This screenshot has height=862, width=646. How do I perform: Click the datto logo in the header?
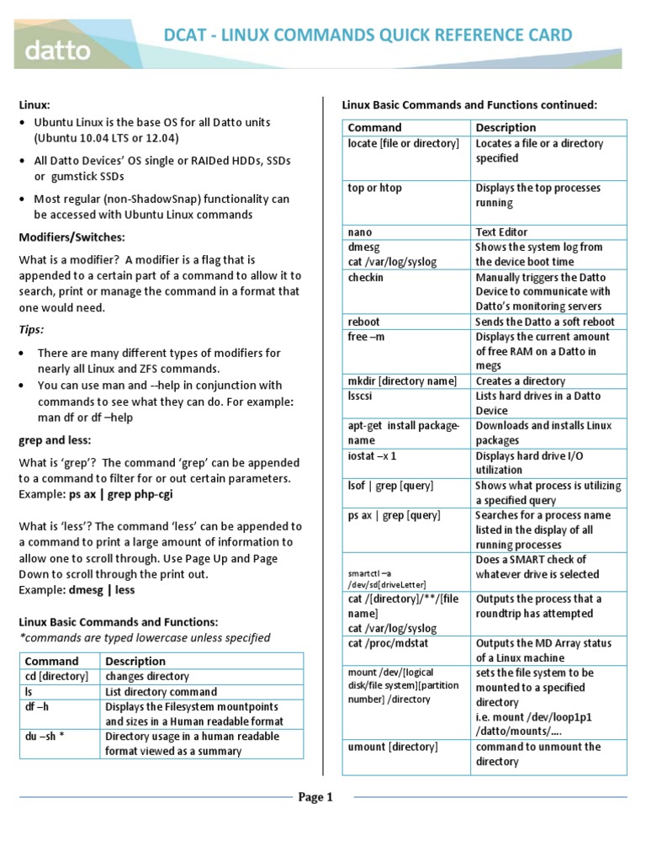click(x=57, y=50)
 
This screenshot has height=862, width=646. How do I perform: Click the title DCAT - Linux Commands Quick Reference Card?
click(x=368, y=35)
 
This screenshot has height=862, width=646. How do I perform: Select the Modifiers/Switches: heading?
click(x=71, y=237)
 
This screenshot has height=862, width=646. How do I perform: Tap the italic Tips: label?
click(x=32, y=329)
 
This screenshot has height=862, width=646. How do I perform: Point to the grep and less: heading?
click(x=56, y=439)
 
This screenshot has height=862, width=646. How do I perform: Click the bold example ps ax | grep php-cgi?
click(x=127, y=494)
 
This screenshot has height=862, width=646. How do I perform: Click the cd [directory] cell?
click(x=56, y=676)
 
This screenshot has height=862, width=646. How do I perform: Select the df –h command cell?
click(x=39, y=706)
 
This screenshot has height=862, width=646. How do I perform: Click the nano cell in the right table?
click(x=360, y=231)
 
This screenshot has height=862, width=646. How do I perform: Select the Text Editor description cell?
click(x=502, y=231)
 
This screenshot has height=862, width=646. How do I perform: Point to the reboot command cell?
click(x=364, y=322)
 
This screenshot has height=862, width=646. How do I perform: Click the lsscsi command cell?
click(x=363, y=396)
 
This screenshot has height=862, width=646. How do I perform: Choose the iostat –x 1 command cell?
click(x=372, y=455)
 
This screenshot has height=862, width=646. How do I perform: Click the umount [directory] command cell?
click(x=393, y=747)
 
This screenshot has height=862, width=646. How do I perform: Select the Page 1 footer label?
click(x=316, y=797)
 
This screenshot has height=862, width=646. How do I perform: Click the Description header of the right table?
click(x=506, y=127)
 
